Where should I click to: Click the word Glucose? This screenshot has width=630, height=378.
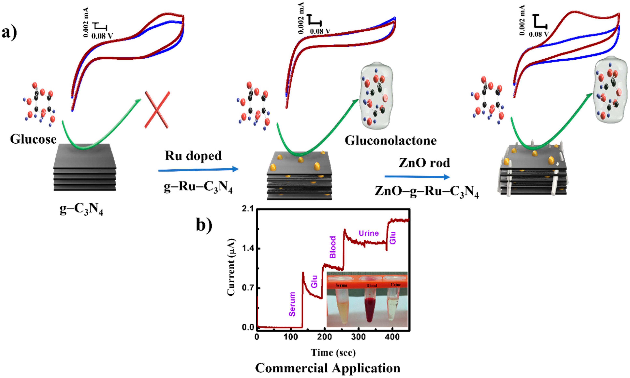tap(33, 139)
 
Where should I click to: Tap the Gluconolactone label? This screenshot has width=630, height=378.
tap(391, 141)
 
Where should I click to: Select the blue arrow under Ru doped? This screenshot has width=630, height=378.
tap(198, 169)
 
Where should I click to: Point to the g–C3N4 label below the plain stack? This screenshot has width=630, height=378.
tap(81, 210)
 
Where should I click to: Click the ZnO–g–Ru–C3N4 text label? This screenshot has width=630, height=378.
tap(426, 192)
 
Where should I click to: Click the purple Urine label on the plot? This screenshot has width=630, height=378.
tap(368, 233)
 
